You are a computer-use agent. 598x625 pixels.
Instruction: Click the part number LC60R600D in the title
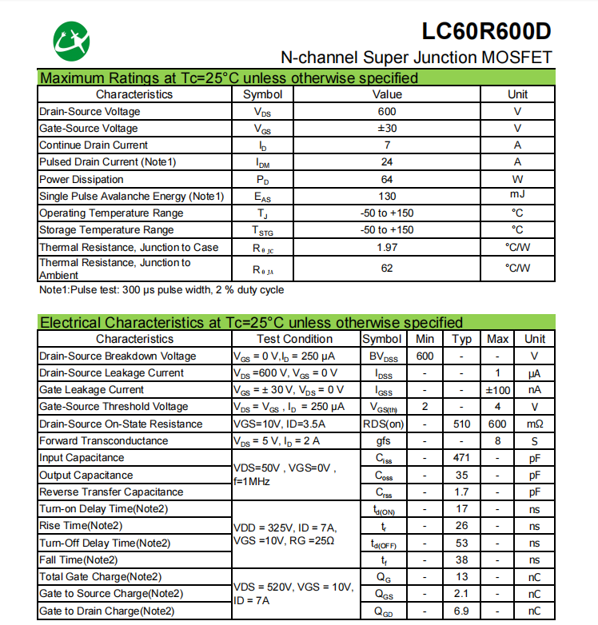click(487, 32)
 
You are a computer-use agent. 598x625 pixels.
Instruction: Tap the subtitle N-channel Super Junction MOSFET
click(416, 58)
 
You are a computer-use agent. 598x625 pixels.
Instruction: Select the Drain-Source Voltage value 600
click(387, 112)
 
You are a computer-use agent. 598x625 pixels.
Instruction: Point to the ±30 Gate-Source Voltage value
click(387, 129)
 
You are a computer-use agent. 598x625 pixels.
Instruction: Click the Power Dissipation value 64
click(387, 180)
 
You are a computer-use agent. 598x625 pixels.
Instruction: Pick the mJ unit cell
click(517, 196)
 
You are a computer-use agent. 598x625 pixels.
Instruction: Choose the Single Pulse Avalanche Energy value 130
click(387, 197)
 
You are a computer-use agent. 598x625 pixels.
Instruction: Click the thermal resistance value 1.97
click(387, 248)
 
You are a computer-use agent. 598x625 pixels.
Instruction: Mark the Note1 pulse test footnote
click(161, 290)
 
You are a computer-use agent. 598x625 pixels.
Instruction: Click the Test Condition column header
click(295, 339)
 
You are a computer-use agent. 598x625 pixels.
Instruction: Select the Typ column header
click(462, 339)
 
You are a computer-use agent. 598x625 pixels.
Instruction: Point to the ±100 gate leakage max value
click(498, 390)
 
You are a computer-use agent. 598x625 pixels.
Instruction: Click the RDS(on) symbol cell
click(384, 424)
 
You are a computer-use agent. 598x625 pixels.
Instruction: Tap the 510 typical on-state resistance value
click(462, 424)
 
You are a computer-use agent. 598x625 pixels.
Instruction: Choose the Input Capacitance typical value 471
click(462, 458)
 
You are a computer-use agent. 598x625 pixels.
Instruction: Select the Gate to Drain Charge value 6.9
click(462, 611)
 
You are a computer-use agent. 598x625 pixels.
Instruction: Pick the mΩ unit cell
click(535, 424)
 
